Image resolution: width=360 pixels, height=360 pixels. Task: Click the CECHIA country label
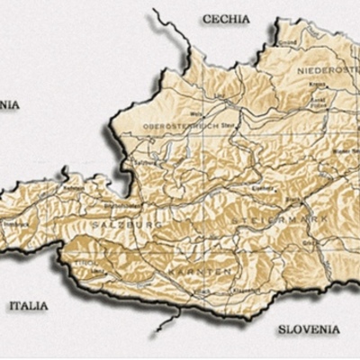(226, 18)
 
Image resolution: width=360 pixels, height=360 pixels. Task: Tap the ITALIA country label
(28, 306)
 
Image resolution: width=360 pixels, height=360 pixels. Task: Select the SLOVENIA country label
(308, 329)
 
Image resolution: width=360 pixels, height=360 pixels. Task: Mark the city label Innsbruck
(11, 222)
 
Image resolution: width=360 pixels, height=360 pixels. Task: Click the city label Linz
(215, 94)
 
